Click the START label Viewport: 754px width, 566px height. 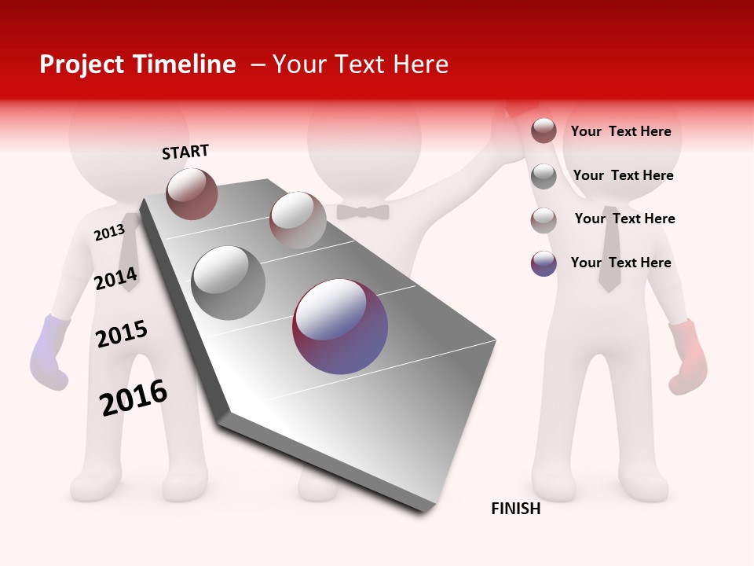coord(185,152)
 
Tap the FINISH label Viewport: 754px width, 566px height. coord(516,509)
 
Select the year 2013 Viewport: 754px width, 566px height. coord(109,233)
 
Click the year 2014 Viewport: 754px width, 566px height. coord(115,278)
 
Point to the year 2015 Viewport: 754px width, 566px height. coord(122,334)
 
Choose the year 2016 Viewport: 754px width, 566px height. coord(134,397)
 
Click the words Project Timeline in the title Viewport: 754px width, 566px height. coord(137,64)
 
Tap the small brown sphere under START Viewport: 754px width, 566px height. coord(192,193)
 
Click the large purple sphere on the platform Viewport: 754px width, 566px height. coord(340,326)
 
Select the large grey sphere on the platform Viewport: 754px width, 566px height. coord(229,283)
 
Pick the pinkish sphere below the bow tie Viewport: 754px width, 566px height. coord(298,220)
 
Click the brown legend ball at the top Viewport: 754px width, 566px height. coord(544,130)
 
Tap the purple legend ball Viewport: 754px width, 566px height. coord(544,263)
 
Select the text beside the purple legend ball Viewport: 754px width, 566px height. coord(620,263)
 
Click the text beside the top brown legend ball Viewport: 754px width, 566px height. coord(620,131)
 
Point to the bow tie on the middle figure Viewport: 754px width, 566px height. coord(363,211)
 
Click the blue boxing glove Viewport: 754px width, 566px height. coord(49,352)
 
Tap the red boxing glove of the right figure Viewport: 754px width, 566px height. coord(688,355)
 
